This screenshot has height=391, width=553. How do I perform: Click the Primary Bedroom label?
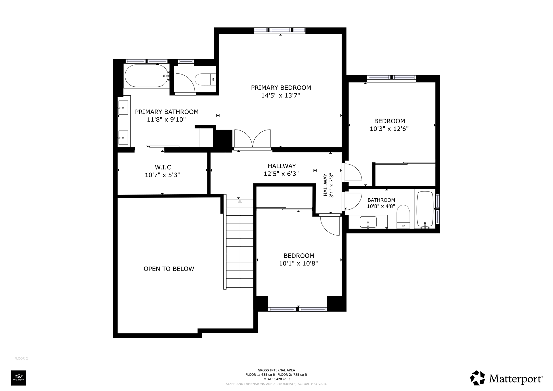[281, 88]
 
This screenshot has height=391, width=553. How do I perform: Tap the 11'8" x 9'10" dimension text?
[166, 119]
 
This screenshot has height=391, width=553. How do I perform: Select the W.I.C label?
[163, 167]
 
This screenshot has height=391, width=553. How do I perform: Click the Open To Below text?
[169, 269]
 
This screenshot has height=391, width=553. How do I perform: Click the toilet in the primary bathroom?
[205, 79]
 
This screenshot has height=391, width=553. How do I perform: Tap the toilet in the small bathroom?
[403, 217]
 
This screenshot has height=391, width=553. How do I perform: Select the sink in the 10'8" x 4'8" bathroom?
[368, 222]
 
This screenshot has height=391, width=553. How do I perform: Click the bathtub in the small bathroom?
[425, 209]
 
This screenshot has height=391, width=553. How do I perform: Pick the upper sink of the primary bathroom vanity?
[123, 108]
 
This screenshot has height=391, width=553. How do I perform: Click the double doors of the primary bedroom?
[253, 139]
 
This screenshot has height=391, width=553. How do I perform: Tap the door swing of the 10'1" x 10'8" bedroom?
[330, 225]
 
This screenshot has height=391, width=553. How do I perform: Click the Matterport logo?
[507, 378]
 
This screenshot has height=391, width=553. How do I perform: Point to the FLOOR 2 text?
[21, 358]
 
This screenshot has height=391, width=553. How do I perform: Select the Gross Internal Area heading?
[276, 370]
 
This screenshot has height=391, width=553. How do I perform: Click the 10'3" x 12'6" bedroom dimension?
[389, 129]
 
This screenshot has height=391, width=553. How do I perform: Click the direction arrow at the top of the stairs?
[240, 201]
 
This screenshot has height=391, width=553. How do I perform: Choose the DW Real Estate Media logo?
[18, 378]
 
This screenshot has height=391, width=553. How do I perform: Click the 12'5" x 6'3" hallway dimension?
[281, 174]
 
